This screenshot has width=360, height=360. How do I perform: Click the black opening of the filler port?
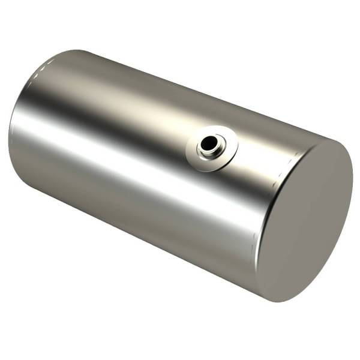(x=209, y=144)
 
